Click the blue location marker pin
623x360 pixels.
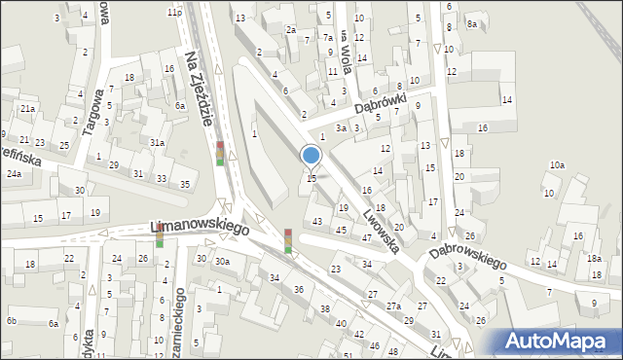point(311,156)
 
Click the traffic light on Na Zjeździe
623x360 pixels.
point(220,153)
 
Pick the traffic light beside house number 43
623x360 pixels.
point(288,240)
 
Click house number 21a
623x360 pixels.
point(28,108)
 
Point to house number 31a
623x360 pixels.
point(157,143)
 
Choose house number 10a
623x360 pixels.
point(556,165)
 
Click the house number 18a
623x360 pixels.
point(594,258)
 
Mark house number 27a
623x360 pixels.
point(393,306)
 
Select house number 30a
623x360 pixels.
point(223,261)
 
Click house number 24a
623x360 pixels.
point(15,173)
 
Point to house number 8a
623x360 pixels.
point(472,23)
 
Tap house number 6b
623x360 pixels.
point(12,320)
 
